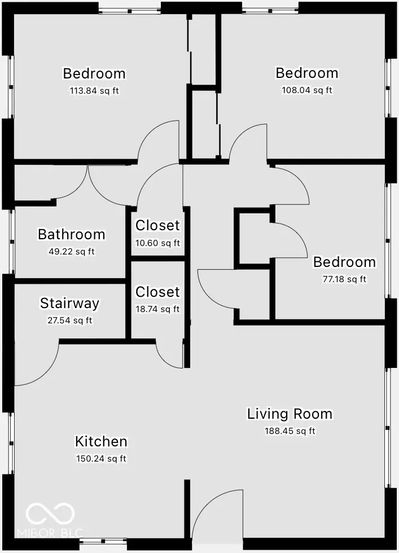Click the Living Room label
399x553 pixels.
pos(290,414)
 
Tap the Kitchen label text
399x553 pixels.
pos(101,441)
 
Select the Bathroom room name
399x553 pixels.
pos(71,234)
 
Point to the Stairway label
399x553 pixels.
pos(69,303)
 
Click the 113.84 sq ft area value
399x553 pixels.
pos(94,90)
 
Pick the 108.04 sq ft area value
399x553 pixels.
pos(306,90)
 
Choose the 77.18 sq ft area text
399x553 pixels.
pos(344,279)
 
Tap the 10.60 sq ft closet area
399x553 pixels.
pos(157,243)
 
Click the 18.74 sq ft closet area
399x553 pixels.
pos(157,309)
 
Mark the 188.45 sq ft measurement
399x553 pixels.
pos(290,431)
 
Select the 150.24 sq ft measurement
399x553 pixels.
pos(101,459)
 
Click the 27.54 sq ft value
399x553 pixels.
pos(69,321)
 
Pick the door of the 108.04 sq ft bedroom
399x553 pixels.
pos(247,142)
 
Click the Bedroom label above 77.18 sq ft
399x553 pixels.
pos(344,262)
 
